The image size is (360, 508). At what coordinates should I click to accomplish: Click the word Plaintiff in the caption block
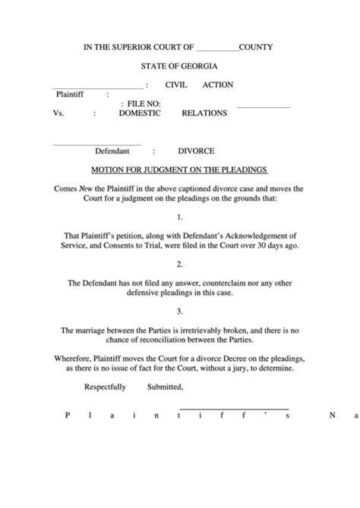tap(69, 95)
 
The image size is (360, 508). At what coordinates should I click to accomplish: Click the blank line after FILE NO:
tap(263, 106)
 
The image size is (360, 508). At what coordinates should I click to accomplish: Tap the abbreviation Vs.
tap(57, 113)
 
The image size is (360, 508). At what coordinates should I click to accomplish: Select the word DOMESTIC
tap(140, 113)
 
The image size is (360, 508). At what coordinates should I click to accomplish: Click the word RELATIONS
tap(204, 113)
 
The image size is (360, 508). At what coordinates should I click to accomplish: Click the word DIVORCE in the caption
tap(196, 151)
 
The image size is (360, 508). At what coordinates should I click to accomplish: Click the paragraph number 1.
tap(179, 216)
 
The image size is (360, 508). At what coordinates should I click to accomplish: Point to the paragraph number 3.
tap(179, 311)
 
